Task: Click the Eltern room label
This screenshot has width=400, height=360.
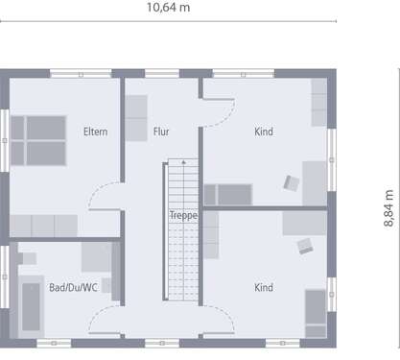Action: pos(95,132)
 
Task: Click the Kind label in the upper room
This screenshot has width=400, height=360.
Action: pos(264,132)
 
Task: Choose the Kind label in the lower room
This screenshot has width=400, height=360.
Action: pos(264,287)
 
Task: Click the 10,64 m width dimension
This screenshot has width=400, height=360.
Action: pos(169,8)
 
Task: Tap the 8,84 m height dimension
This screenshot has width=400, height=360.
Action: pos(388,207)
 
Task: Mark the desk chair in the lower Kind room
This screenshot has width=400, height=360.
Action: pos(305,246)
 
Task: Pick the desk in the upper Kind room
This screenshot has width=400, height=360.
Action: pos(315,182)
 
